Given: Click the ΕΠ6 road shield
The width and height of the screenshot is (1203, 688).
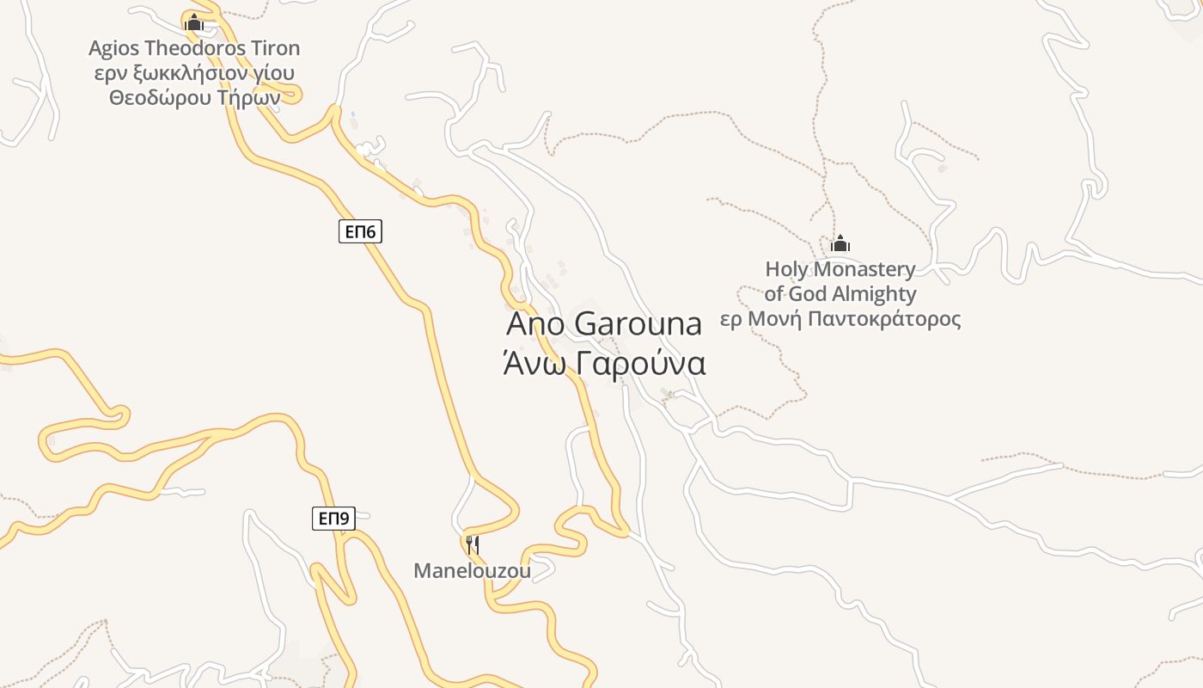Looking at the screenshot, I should pos(360,231).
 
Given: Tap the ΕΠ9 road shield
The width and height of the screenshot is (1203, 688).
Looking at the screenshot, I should pos(333,519).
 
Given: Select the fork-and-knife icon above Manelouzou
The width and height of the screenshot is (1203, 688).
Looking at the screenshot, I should pos(472,544).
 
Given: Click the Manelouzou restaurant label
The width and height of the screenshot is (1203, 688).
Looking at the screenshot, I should pos(472,570).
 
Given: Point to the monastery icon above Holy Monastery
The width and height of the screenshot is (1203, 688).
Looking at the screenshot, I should pos(840,244).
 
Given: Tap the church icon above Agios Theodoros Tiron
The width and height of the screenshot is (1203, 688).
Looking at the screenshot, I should pos(194,22).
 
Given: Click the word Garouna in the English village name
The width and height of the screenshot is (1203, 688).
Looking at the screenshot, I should pos(638,324).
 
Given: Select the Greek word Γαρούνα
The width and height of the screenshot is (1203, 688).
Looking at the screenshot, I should pos(641,364).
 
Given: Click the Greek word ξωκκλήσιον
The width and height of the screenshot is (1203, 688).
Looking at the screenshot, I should pos(178,73).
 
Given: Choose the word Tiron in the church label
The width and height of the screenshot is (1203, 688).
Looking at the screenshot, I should pos(273,48).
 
